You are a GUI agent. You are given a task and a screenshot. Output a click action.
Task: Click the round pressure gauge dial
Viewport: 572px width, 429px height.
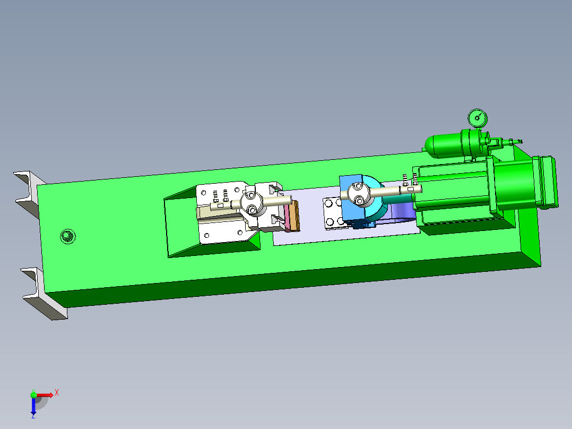coord(476,117)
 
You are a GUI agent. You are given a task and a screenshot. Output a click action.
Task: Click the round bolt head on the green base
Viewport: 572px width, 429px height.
coord(67,236)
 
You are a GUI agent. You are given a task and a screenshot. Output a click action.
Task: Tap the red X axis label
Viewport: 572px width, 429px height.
coord(56,393)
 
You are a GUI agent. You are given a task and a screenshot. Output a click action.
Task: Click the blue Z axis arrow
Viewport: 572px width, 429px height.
coord(33,408)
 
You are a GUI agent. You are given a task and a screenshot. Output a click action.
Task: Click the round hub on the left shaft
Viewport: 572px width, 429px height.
coord(250,203)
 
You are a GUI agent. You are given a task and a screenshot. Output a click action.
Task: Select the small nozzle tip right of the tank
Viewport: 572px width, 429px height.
coord(517,141)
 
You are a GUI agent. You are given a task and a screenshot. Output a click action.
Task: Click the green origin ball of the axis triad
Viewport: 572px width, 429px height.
coord(33,394)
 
